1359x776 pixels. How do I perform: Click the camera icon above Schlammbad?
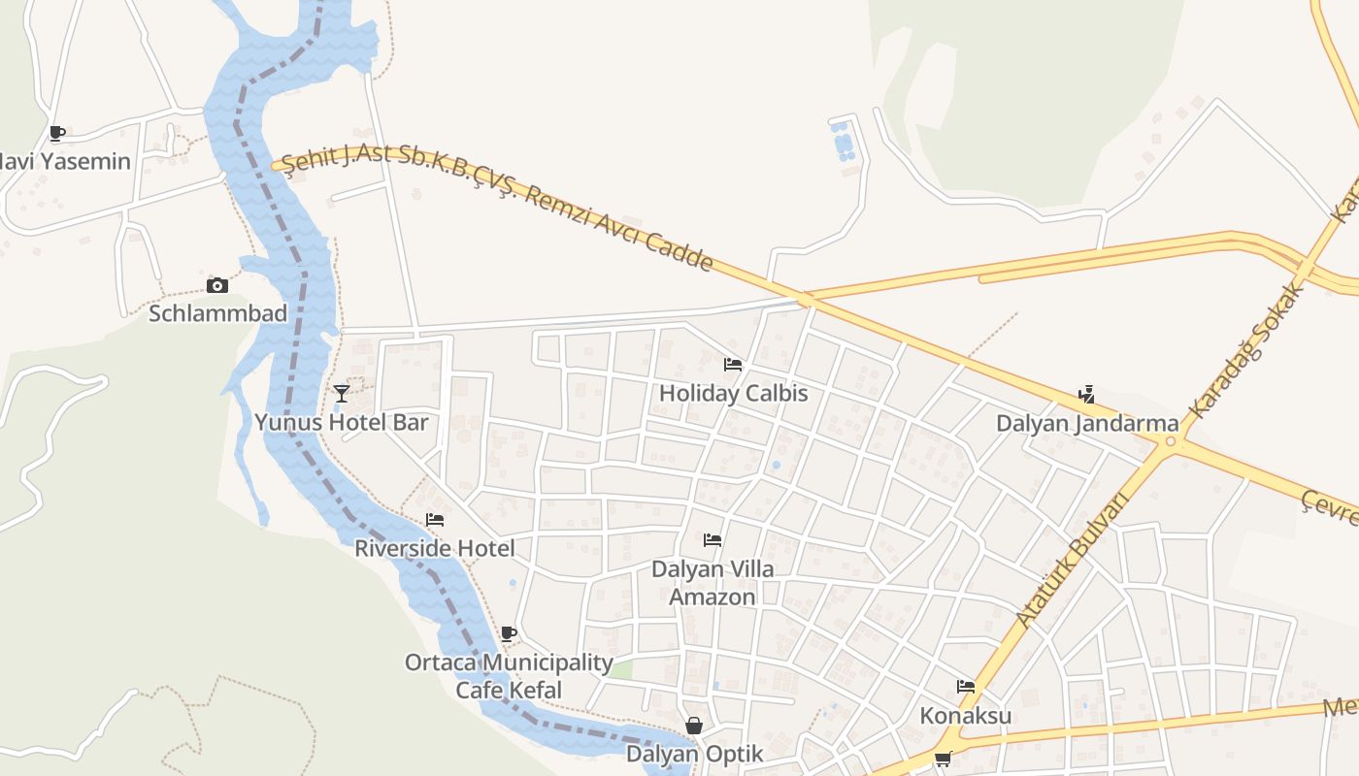[217, 285]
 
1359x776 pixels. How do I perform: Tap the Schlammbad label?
[217, 313]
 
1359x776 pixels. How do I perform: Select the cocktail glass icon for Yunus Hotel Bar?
[342, 393]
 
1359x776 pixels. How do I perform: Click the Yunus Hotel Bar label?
[341, 422]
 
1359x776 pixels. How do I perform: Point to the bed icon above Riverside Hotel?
[435, 520]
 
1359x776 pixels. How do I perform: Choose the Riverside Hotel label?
[434, 548]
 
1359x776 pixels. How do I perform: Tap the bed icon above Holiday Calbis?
[733, 365]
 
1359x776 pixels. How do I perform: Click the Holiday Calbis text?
[733, 394]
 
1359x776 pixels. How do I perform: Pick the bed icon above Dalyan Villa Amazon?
[713, 539]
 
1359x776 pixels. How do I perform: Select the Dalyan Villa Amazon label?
[713, 582]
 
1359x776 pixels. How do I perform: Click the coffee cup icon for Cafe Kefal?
[508, 634]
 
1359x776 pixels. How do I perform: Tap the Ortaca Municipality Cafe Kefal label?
[509, 676]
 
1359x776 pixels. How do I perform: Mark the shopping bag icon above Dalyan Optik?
[694, 726]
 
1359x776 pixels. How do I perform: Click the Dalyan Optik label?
[694, 754]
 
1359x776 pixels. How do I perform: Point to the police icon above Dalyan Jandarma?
[1087, 395]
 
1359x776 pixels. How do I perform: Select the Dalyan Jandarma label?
[1087, 424]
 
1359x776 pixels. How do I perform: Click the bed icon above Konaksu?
[966, 687]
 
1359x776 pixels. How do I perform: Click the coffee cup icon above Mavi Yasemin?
[57, 133]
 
